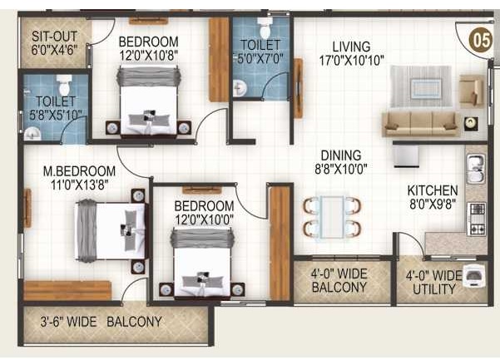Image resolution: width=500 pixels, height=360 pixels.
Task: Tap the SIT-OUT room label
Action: [x=55, y=37]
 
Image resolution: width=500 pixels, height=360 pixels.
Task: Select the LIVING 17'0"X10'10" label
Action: [x=351, y=53]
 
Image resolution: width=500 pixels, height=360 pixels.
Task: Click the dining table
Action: [x=332, y=217]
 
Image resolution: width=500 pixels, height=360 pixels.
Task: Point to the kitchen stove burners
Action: [x=477, y=219]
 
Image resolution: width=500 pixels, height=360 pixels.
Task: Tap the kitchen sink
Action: [x=476, y=169]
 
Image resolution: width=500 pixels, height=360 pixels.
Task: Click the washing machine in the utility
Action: [x=474, y=276]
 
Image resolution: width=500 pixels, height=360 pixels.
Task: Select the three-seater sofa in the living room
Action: [x=421, y=124]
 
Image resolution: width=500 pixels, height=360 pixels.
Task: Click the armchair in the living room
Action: [x=471, y=90]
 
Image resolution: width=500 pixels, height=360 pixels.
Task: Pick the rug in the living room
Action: [x=421, y=86]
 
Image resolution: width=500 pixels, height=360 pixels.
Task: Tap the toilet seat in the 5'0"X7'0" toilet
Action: [x=265, y=28]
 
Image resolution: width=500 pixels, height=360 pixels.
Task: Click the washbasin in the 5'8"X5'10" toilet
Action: [x=32, y=134]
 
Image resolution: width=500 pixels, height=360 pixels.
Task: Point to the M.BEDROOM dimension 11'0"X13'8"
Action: [x=79, y=185]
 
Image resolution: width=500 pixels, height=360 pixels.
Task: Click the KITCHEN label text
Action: [x=433, y=190]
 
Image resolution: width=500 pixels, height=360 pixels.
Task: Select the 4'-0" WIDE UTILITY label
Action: [x=434, y=283]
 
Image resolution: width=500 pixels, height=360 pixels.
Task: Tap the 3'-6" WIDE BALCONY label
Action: [x=101, y=322]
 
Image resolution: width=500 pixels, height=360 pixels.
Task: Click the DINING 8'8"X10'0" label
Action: [x=341, y=162]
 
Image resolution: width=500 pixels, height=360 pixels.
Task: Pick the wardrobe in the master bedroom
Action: [x=67, y=290]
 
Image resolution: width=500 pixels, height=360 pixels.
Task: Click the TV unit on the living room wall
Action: [x=298, y=88]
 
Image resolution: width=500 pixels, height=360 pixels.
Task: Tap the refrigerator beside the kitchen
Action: [x=406, y=156]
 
